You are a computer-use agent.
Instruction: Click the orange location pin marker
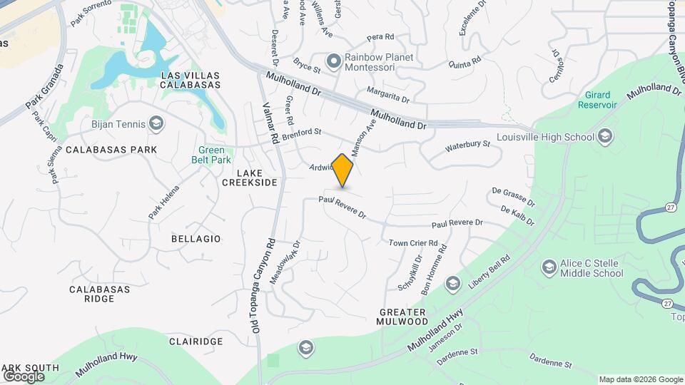(x=343, y=170)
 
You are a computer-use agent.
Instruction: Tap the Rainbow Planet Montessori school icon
(x=333, y=60)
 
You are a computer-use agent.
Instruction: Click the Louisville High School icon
(x=605, y=137)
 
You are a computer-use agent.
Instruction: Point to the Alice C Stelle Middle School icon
(x=549, y=267)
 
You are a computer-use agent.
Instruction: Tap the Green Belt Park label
(x=212, y=155)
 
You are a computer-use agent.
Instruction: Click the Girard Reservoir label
(x=597, y=100)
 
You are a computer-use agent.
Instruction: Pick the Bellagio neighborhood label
(x=196, y=239)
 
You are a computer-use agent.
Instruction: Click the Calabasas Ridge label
(x=100, y=294)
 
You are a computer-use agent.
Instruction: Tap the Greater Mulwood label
(x=402, y=317)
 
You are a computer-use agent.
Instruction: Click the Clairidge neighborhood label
(x=196, y=342)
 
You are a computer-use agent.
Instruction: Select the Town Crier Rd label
(x=413, y=243)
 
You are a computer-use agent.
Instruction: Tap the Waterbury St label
(x=468, y=146)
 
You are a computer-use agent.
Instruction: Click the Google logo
(x=24, y=376)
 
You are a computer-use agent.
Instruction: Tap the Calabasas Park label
(x=111, y=150)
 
